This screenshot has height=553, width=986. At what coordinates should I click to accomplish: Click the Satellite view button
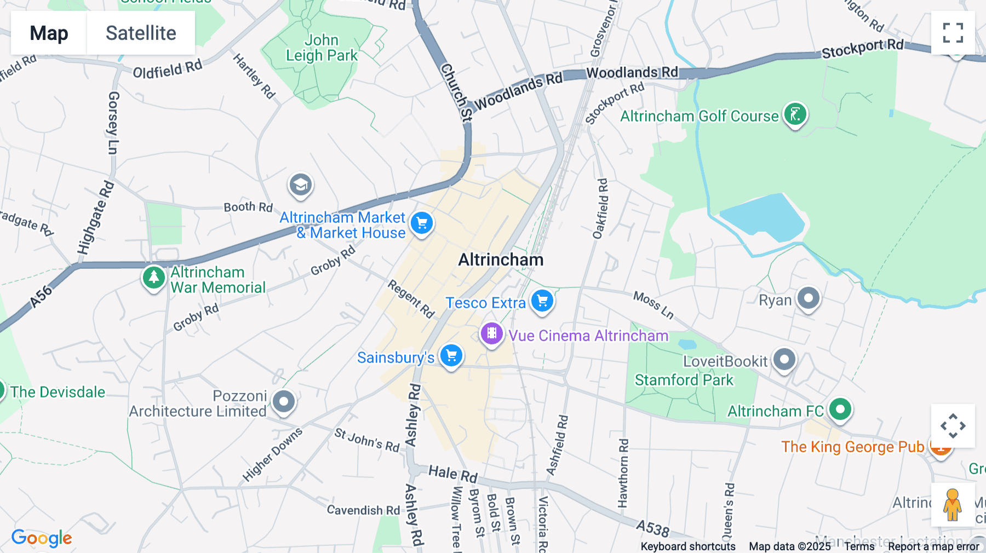tap(141, 33)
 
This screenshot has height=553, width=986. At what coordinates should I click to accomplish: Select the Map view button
tap(49, 33)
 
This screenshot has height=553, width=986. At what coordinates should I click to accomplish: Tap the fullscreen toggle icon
tap(953, 33)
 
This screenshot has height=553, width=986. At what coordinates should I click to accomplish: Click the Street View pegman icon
tap(953, 504)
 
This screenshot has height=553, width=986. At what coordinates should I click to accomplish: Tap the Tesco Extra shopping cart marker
tap(542, 301)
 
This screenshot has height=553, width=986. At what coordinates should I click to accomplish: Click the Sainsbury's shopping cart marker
tap(451, 356)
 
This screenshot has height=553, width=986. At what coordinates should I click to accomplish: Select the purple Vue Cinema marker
tap(491, 333)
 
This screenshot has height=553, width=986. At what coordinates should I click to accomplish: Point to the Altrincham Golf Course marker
tap(795, 114)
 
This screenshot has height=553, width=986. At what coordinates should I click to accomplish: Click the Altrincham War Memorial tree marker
tap(154, 278)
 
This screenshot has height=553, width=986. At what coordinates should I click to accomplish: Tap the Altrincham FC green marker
tap(840, 409)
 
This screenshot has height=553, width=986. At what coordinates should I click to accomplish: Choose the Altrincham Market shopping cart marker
tap(422, 223)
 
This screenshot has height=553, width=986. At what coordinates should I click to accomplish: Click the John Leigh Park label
tap(322, 48)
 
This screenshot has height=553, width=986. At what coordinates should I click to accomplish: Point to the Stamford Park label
tap(684, 380)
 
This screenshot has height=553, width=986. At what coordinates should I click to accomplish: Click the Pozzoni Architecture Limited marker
tap(283, 402)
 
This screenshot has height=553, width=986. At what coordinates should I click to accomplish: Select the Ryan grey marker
tap(808, 299)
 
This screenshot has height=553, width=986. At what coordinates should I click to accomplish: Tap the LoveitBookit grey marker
tap(784, 360)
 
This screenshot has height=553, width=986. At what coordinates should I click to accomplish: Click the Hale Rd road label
tap(452, 474)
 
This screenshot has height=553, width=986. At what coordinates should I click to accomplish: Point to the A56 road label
tap(41, 296)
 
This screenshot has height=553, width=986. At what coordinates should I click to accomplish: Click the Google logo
tap(42, 538)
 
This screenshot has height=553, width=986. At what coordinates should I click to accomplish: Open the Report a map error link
tap(933, 546)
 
